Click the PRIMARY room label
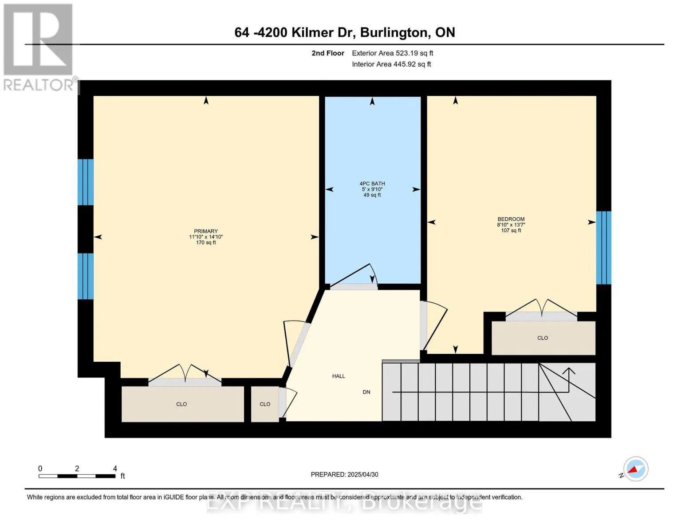pos(206,231)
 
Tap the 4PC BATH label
pos(372,184)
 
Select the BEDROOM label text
pos(511,219)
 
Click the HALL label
pos(339,376)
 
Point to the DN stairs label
pos(366,392)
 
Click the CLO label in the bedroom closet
pos(543,338)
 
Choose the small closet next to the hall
pos(265,404)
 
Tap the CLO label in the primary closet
pos(181,404)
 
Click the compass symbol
pos(635,469)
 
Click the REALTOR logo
pos(39,47)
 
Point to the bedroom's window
pos(603,247)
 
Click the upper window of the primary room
pos(86,182)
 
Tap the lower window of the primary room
pos(86,276)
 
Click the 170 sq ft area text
pos(206,243)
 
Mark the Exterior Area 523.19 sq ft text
pos(392,53)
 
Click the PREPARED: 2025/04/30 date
pos(344,474)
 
